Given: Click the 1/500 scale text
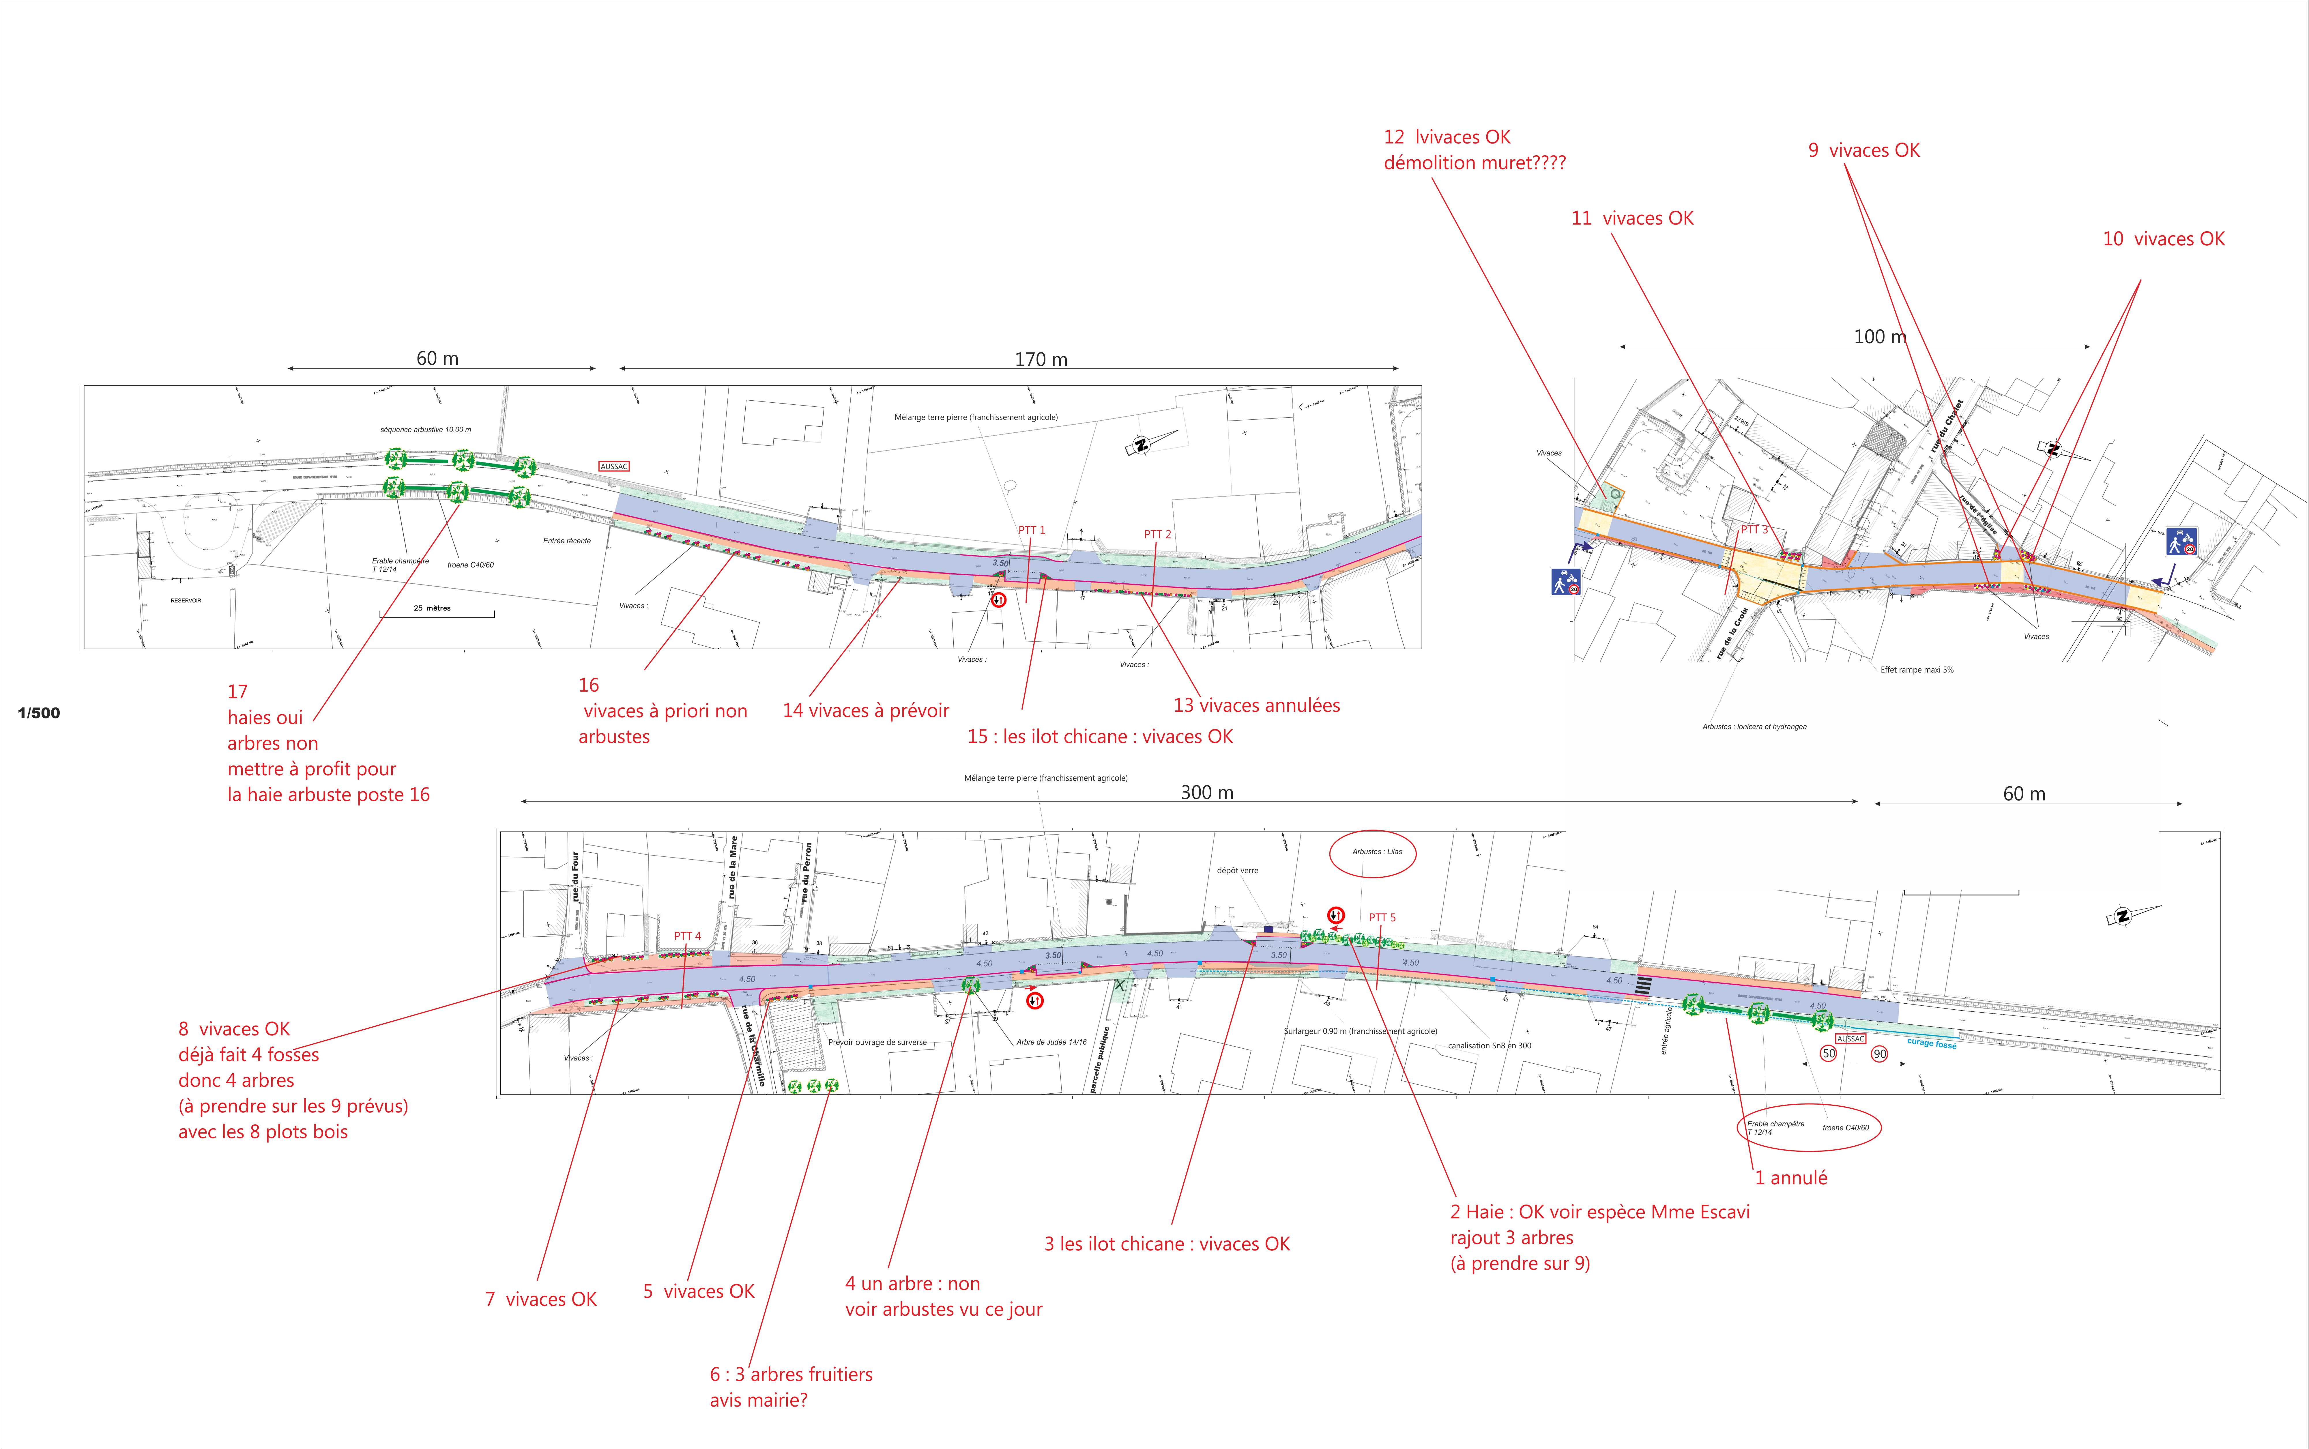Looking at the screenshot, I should (38, 713).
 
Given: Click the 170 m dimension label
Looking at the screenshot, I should (1041, 359).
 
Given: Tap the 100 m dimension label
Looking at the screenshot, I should (1880, 336).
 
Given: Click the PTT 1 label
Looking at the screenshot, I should (1032, 530).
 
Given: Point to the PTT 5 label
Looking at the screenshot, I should (1382, 917).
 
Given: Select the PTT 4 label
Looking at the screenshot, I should (687, 936).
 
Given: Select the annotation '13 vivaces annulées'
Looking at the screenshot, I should (1256, 705).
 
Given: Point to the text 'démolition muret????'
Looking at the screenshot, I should (1475, 163).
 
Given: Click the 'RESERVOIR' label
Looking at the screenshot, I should (186, 601).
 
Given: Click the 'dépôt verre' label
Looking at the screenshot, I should (1237, 871).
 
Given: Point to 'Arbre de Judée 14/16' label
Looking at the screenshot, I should (1051, 1042).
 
